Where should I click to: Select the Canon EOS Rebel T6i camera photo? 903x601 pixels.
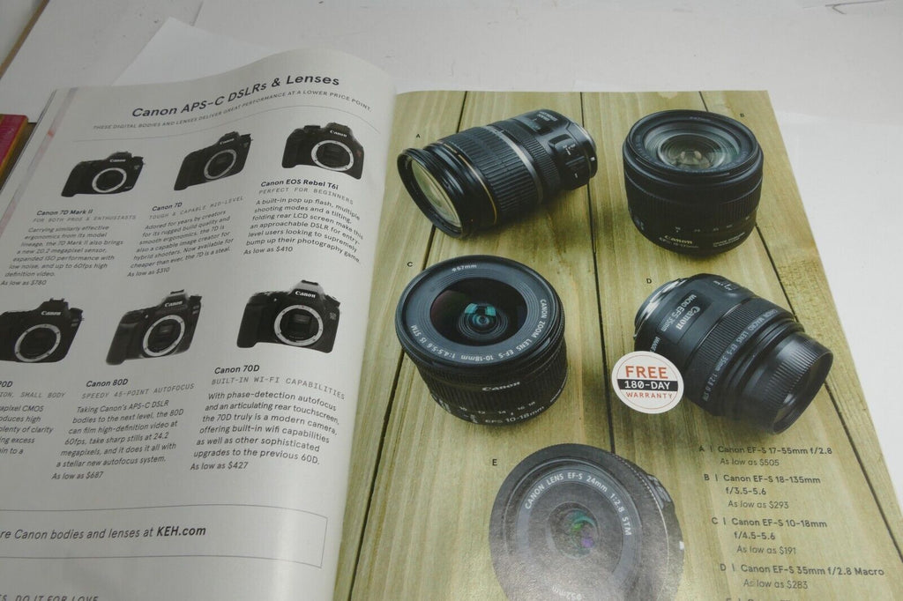323,149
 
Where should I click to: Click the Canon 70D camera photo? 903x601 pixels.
287,317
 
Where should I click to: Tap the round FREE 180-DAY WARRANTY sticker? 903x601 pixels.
647,378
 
